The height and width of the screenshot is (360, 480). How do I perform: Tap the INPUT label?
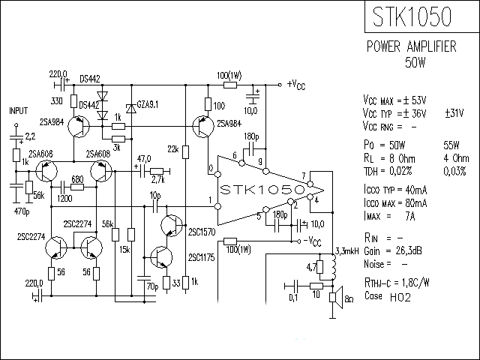tap(17, 109)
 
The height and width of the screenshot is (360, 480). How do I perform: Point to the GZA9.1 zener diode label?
tap(146, 103)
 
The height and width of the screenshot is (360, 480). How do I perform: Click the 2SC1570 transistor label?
tap(202, 232)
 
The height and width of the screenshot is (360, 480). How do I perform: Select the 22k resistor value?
tap(172, 150)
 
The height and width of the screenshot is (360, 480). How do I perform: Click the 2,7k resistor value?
tap(157, 181)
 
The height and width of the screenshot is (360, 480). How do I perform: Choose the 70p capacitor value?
tap(151, 286)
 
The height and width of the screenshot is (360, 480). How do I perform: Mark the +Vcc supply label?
tap(296, 84)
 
